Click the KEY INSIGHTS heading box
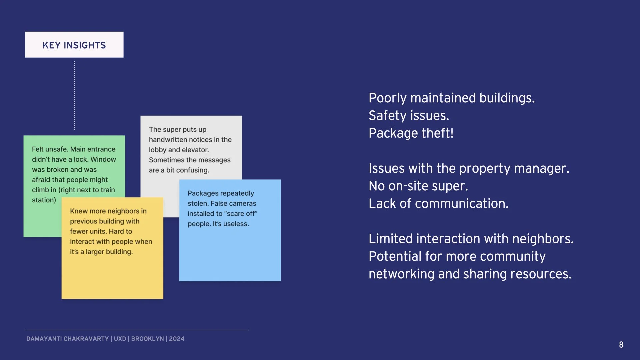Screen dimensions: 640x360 coord(74,45)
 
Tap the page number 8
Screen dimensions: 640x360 coord(621,345)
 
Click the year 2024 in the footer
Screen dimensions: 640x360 coord(177,339)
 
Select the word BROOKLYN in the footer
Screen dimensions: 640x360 coord(148,339)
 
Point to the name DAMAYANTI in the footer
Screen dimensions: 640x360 coord(44,339)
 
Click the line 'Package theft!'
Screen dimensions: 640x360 coord(411,133)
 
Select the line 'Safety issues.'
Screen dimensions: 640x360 coord(409,115)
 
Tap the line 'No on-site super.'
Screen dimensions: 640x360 coord(418,186)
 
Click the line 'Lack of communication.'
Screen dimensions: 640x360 coord(439,203)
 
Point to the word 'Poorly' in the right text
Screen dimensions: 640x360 coord(388,98)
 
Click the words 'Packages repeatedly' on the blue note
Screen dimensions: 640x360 coord(221,193)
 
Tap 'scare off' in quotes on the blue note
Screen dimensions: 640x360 coord(241,214)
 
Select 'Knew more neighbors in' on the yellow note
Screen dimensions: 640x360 coord(108,211)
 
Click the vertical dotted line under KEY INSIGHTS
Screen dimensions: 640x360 coord(74,95)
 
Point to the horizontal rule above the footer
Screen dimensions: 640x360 coord(137,330)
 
